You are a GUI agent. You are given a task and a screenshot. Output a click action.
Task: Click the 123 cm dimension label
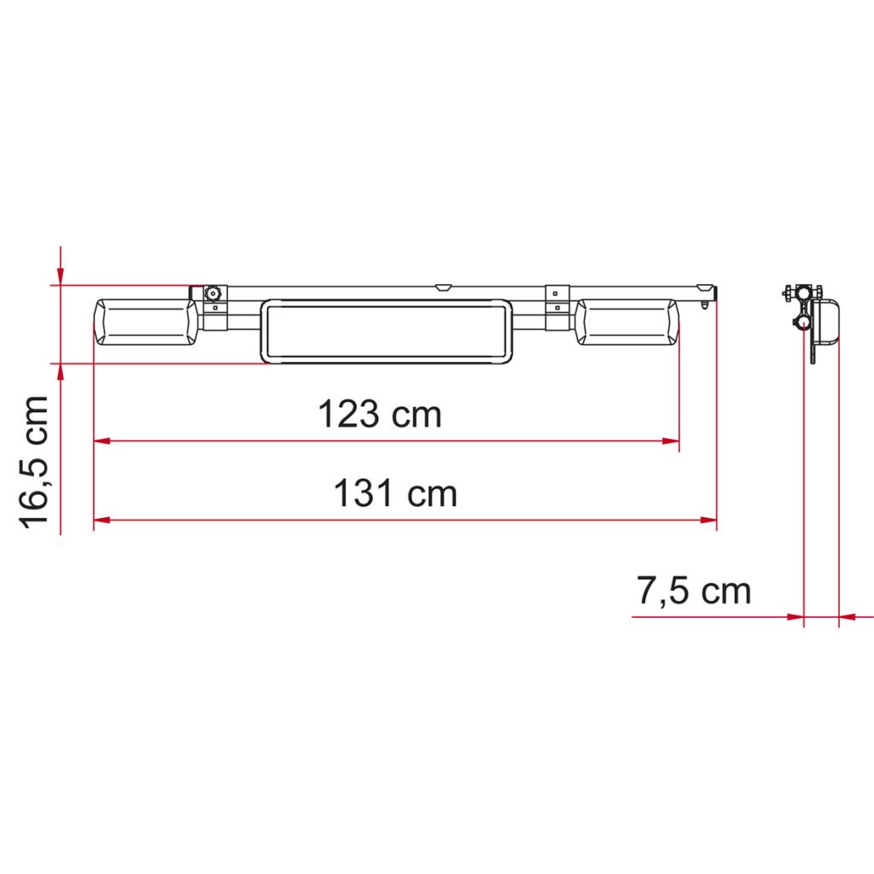click(380, 414)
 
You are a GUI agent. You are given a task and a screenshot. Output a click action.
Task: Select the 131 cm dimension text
click(395, 493)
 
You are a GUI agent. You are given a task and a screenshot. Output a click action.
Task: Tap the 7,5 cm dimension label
click(693, 591)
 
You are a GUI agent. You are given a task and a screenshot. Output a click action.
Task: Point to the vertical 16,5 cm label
click(34, 462)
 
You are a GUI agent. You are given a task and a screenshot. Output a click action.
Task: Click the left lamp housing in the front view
click(145, 322)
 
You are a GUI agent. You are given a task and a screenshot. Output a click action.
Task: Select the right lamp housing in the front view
click(627, 322)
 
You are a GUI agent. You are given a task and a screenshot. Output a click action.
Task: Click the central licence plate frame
click(387, 332)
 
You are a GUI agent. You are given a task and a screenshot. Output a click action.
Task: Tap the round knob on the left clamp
click(213, 294)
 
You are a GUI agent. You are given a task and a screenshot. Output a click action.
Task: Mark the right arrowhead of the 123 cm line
click(671, 441)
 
